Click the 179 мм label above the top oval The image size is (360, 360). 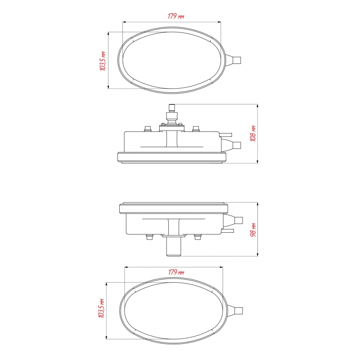click(176, 16)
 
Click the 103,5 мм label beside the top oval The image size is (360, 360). click(103, 61)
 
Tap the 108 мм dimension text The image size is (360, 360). click(253, 133)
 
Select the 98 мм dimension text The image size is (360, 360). click(253, 230)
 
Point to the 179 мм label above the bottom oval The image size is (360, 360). click(176, 272)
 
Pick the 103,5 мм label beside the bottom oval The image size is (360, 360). click(101, 308)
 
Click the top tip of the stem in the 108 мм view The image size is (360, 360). click(172, 104)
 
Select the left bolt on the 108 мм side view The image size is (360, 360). click(148, 129)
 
